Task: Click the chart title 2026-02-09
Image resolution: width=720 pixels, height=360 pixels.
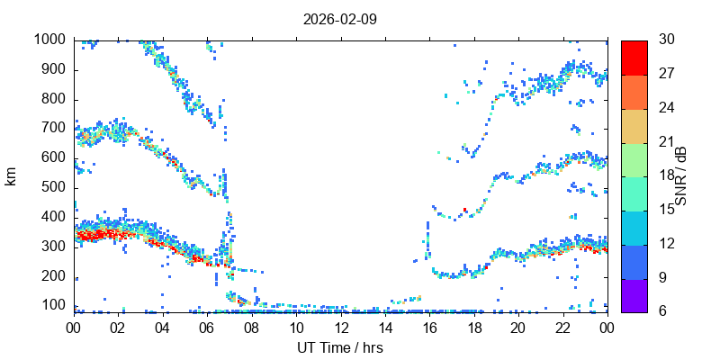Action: pyautogui.click(x=340, y=18)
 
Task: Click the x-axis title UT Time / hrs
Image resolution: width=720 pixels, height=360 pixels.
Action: pyautogui.click(x=340, y=347)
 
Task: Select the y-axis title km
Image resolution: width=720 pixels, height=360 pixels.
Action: pyautogui.click(x=11, y=176)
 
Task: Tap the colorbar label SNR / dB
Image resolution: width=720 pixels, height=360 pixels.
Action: pyautogui.click(x=681, y=176)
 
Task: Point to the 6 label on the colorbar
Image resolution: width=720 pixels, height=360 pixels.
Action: pyautogui.click(x=661, y=310)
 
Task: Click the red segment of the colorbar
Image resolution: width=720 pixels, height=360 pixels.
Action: pyautogui.click(x=634, y=58)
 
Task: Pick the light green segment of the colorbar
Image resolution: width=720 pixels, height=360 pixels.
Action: pyautogui.click(x=634, y=158)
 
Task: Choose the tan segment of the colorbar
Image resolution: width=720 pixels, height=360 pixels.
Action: pyautogui.click(x=634, y=125)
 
